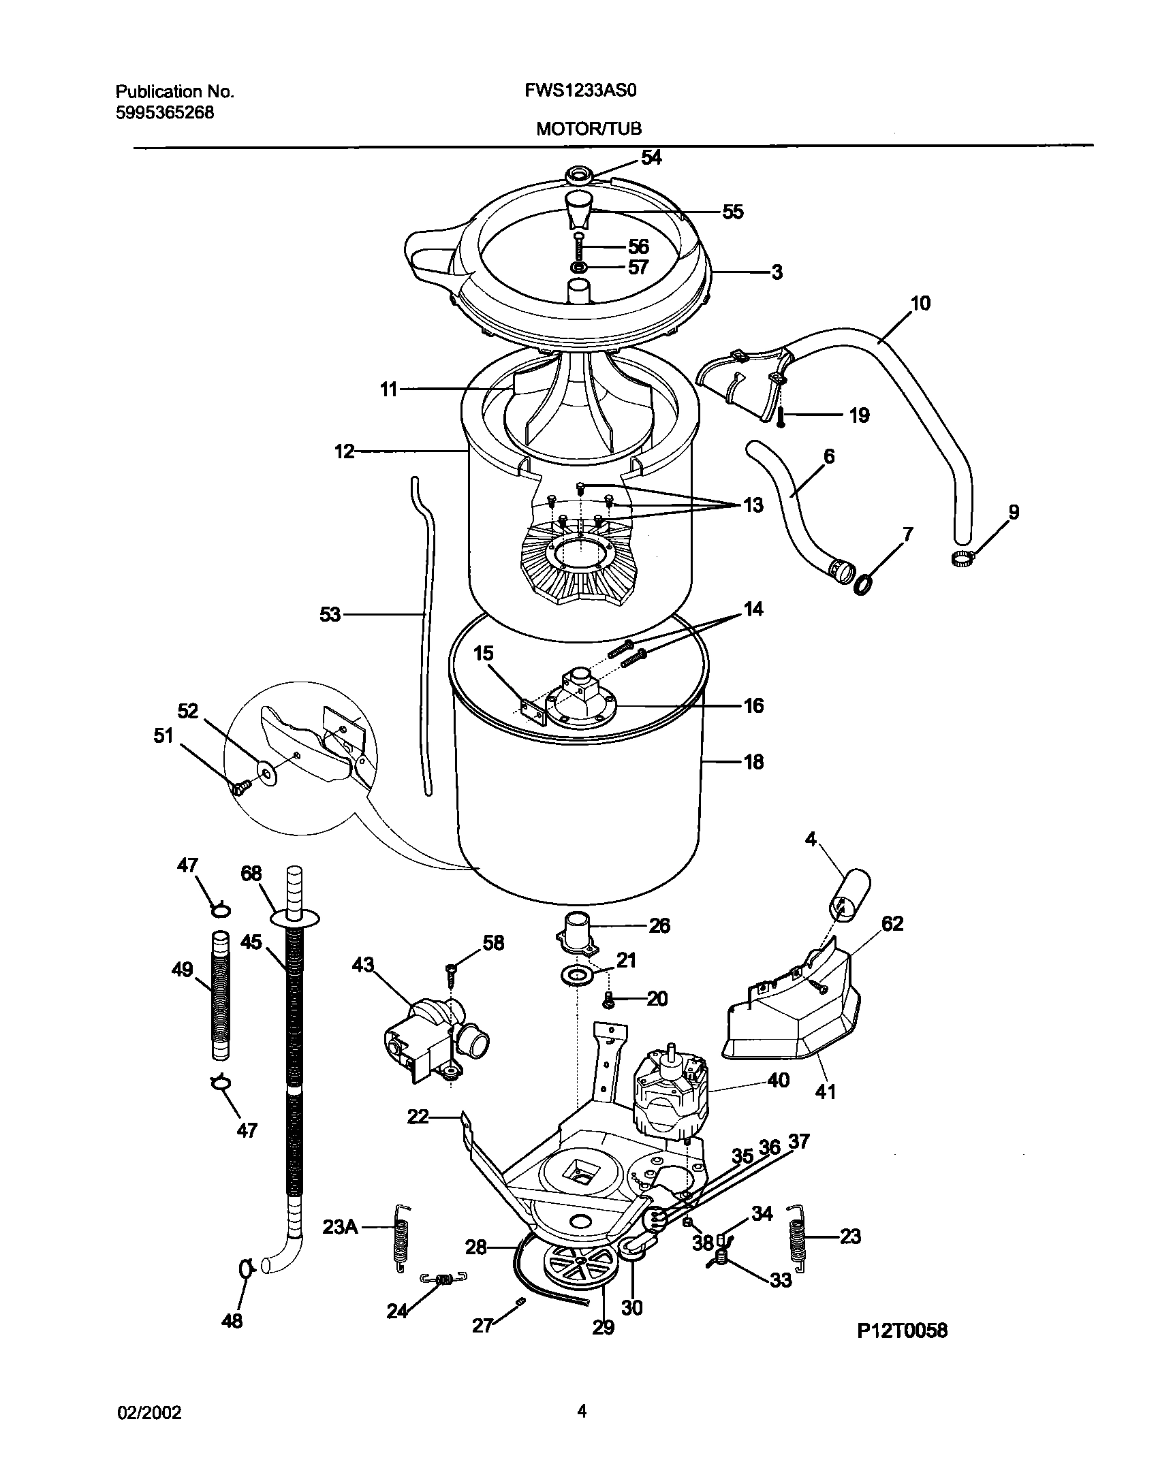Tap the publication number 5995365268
[165, 113]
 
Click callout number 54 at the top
[651, 157]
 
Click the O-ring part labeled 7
[864, 584]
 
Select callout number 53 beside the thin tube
[330, 615]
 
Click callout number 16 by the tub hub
[753, 705]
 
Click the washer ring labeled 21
[576, 976]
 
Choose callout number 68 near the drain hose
[252, 874]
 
